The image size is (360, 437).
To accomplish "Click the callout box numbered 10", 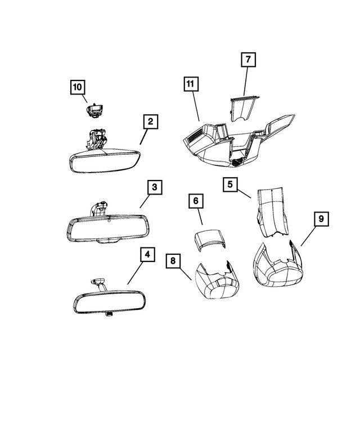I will pos(78,87).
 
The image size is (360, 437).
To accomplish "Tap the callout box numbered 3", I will pos(155,188).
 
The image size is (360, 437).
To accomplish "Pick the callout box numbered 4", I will pos(147,255).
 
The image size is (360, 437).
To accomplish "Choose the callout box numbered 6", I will pos(195,201).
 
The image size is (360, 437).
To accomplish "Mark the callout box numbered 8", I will pos(174,260).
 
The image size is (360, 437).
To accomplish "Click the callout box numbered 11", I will pos(191,84).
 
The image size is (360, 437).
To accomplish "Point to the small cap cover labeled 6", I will pos(209,238).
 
